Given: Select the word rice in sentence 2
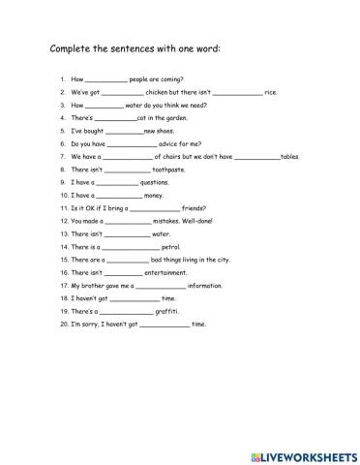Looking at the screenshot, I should point(271,92).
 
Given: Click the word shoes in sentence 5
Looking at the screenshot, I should point(165,131).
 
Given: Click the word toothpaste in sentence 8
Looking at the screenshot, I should point(168,169).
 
